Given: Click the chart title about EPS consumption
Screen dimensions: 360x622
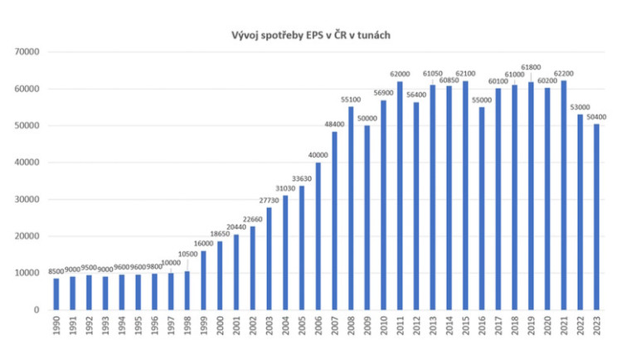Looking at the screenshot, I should (311, 36).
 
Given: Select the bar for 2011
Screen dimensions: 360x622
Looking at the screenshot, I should (400, 196).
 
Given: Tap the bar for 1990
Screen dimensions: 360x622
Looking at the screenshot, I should (56, 294).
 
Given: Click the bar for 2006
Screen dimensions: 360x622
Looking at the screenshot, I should (318, 236).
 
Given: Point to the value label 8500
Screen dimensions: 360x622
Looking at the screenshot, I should (56, 271).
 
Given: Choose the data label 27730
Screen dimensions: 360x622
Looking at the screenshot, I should (270, 201).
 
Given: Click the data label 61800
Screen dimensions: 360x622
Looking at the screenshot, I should (530, 66).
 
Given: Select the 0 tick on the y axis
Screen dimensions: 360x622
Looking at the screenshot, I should (37, 310).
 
